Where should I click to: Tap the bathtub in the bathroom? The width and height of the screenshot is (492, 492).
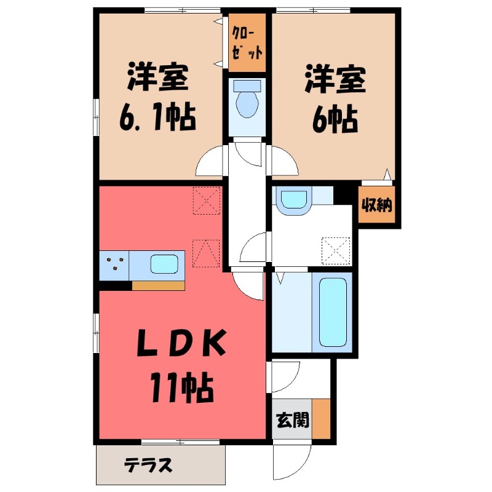333,312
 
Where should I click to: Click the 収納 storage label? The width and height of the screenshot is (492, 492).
376,206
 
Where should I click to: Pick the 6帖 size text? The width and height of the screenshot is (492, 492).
333,118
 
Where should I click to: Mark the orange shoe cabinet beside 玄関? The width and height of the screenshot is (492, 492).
321,419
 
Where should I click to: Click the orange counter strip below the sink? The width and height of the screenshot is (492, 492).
158,285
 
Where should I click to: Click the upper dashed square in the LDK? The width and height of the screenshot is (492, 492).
207,200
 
